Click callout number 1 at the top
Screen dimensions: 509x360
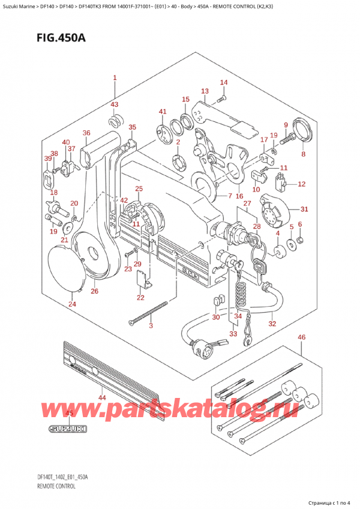click(115, 77)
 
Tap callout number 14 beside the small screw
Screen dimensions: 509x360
click(223, 83)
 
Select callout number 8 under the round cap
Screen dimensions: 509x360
click(303, 154)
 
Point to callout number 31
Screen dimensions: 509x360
click(304, 209)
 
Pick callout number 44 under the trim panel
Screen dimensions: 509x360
click(101, 398)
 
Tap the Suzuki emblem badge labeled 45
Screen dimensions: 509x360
click(68, 429)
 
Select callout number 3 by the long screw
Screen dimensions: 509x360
click(151, 326)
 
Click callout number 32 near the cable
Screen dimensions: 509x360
click(272, 324)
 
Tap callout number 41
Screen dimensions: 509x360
click(162, 112)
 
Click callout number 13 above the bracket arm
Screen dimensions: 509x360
click(205, 91)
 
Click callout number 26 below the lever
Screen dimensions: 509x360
click(94, 292)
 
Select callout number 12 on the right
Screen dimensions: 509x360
click(301, 184)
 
